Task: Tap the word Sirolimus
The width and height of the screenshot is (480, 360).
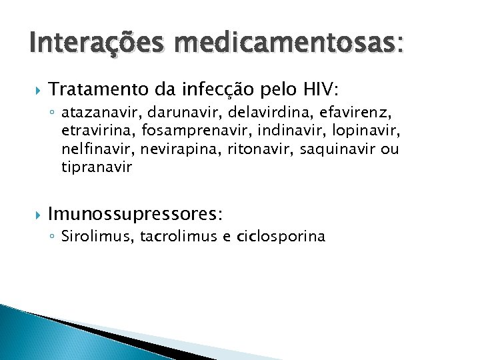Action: (x=97, y=236)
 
